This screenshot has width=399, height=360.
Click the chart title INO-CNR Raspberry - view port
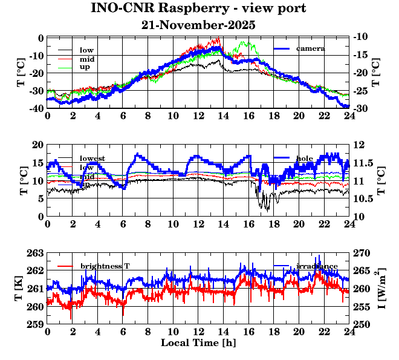pos(198,8)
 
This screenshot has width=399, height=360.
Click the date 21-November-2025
pos(198,25)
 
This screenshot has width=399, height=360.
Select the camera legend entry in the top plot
pos(311,48)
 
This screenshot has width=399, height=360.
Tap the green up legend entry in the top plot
pos(85,67)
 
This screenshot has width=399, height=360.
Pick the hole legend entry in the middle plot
pos(305,159)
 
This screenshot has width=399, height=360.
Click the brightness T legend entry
pos(105,266)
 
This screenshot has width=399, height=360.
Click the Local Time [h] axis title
pos(198,343)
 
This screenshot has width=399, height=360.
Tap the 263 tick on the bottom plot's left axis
pos(36,253)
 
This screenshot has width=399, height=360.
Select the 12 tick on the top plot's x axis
pos(198,116)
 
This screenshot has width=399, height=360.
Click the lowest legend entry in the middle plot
pos(92,159)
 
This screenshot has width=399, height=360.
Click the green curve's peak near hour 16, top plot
pos(245,42)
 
